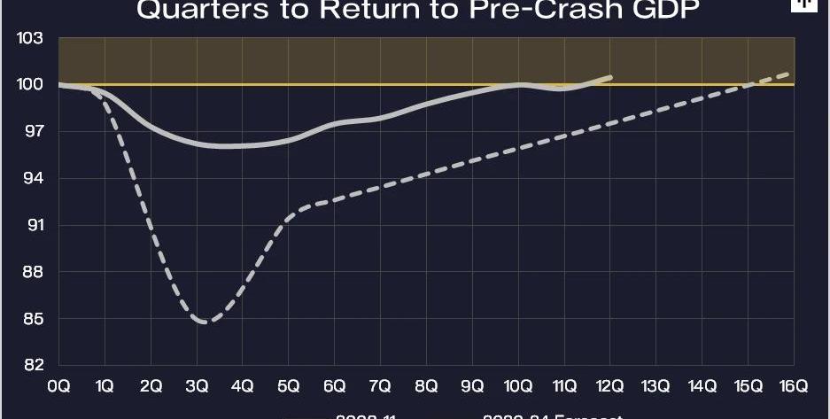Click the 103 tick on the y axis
(30, 39)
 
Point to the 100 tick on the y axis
(30, 85)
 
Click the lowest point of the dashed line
(206, 322)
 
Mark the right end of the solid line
(610, 77)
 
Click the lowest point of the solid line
(226, 146)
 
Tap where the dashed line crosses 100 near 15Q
(749, 85)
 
